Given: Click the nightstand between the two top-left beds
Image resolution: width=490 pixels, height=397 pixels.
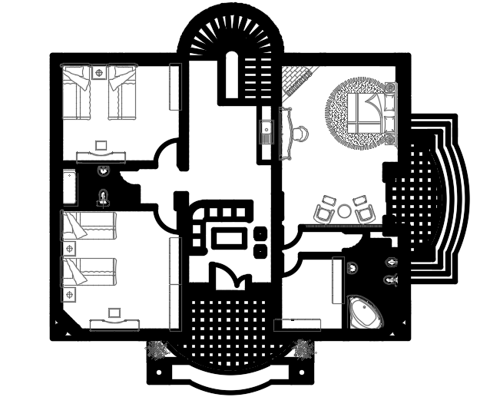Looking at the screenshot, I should coord(99,73).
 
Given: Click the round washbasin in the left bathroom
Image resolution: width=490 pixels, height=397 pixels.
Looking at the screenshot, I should coord(104,171).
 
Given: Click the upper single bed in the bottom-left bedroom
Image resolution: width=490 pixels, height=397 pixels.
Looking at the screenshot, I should coord(88,227).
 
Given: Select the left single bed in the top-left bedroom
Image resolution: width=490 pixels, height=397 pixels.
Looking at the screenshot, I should coord(78,93).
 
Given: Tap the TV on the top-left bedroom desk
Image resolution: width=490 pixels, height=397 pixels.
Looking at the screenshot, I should coord(101,144).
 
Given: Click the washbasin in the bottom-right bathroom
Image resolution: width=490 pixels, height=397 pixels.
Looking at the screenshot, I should coord(353,267).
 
